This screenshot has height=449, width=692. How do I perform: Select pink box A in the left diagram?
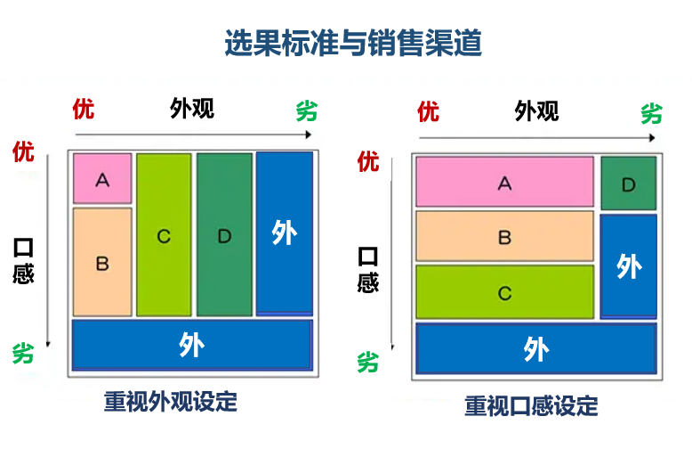[102, 178]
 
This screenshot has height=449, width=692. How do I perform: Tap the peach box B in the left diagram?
[102, 262]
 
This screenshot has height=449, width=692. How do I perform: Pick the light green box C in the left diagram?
[164, 235]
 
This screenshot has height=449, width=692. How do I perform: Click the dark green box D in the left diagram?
[224, 235]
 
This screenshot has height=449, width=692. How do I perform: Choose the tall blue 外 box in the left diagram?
[285, 233]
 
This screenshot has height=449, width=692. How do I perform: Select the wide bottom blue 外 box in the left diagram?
[191, 345]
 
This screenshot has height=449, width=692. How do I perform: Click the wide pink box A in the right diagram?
[504, 183]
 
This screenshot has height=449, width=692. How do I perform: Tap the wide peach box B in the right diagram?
[504, 236]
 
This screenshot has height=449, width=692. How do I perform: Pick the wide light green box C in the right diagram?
[504, 291]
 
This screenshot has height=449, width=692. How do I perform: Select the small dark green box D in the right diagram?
[628, 184]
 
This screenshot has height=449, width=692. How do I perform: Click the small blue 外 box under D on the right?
[628, 265]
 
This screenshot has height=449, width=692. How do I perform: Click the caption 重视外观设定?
[171, 401]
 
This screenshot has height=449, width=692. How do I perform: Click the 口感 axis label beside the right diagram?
[367, 270]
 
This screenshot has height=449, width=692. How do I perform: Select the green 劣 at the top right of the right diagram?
[652, 113]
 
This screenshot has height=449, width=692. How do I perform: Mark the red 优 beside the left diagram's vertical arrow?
[23, 151]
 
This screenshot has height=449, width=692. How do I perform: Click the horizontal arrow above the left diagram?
[192, 135]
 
